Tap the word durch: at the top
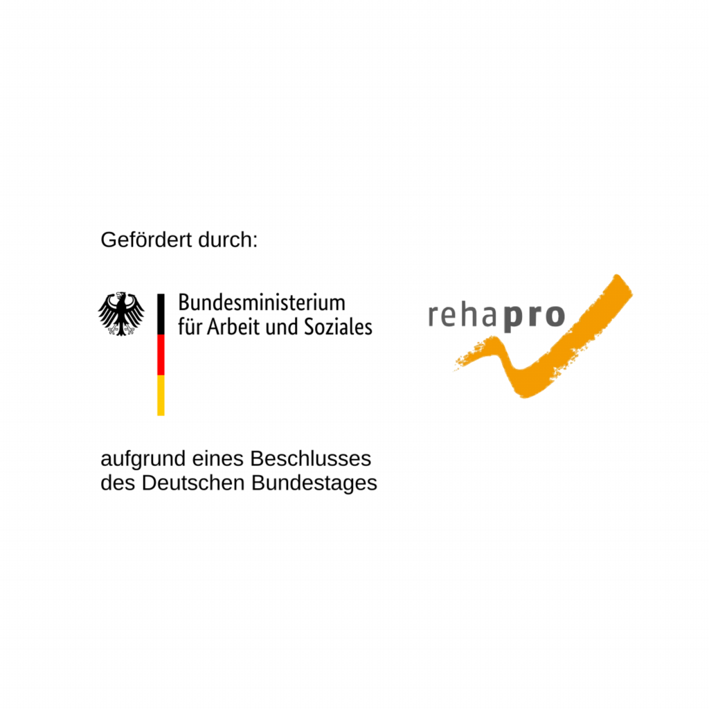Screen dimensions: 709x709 228,240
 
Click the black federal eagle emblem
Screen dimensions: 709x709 121,314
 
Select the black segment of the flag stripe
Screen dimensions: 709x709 161,314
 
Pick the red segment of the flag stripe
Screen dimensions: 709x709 161,355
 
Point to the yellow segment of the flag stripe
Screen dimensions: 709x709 161,395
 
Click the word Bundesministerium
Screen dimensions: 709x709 262,303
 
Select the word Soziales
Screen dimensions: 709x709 338,327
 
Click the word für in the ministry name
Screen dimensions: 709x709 190,327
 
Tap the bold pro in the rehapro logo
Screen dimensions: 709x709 534,318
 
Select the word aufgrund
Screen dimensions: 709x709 143,459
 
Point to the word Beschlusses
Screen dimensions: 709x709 311,458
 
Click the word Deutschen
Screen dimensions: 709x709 194,483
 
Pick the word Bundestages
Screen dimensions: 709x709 314,483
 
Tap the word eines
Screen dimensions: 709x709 218,458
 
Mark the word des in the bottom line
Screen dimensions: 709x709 118,483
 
